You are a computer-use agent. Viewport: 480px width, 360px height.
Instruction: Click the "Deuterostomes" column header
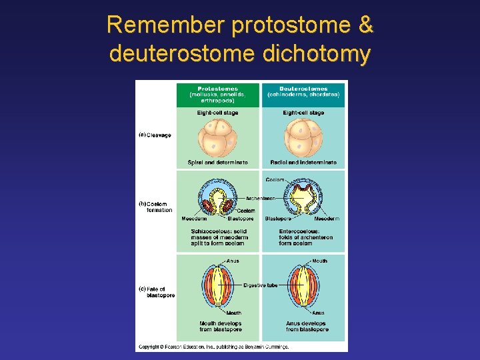(x=303, y=91)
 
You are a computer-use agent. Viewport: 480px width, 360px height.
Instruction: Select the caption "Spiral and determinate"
(x=217, y=163)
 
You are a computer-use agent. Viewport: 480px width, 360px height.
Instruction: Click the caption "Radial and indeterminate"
(x=303, y=163)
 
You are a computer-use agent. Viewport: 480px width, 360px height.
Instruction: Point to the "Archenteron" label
(x=261, y=198)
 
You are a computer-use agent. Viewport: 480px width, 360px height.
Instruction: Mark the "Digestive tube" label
(x=261, y=285)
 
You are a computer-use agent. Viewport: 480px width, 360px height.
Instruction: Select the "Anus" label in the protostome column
(x=232, y=261)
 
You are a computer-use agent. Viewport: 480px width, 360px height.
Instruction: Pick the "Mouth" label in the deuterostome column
(x=319, y=261)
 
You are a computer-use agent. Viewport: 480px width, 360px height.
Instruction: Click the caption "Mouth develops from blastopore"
(x=221, y=327)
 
